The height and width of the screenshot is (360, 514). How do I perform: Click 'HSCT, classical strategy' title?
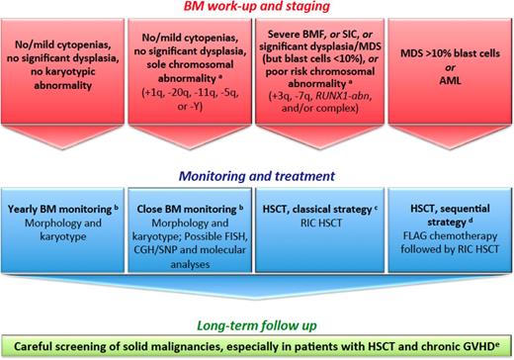316,214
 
